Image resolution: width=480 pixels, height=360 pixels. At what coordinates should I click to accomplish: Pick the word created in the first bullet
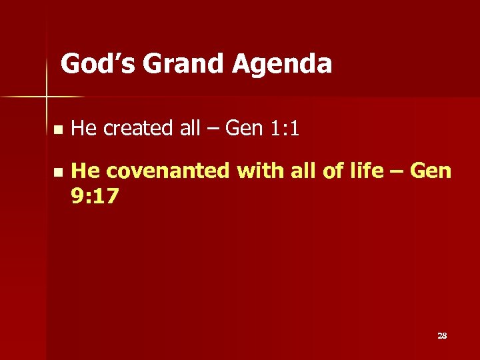click(139, 128)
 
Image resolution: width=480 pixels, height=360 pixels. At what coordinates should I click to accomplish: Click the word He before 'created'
click(84, 128)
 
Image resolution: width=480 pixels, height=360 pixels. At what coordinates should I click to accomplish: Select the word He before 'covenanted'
click(85, 171)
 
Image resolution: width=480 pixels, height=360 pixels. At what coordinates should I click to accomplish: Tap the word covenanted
click(168, 171)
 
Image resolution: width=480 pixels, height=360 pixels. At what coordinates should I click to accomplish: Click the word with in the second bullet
click(260, 171)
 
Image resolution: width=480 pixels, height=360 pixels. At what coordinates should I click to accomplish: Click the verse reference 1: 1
click(283, 128)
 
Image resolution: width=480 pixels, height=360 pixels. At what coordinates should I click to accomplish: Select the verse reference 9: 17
click(95, 195)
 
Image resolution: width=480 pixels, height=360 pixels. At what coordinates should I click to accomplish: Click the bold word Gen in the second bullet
click(431, 171)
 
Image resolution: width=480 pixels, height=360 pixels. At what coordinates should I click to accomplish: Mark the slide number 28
click(441, 335)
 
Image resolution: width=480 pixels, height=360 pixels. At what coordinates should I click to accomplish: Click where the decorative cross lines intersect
click(47, 97)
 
